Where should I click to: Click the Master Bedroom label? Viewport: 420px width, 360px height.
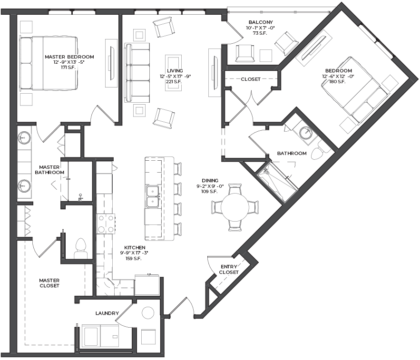coord(69,57)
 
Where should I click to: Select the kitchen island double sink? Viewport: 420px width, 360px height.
coord(153,197)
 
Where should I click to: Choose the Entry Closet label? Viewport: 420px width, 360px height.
coord(229,270)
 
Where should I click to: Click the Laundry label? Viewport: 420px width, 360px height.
coord(107,313)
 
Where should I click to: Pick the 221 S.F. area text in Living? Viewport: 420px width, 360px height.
coord(174,81)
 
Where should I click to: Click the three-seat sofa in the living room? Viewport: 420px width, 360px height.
coord(137,73)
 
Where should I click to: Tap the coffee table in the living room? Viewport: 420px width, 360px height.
coord(173,73)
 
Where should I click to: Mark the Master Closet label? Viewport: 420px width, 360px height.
coord(49,283)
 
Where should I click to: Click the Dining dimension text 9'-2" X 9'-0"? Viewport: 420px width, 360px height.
coord(210,186)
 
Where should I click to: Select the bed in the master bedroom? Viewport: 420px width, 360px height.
coord(49,63)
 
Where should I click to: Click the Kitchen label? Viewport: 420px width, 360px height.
coord(135,247)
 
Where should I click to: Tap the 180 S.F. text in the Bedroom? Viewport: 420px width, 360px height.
coord(337,81)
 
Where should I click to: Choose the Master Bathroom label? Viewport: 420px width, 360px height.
coord(49,170)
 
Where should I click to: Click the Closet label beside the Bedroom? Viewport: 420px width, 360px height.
coord(251,79)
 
